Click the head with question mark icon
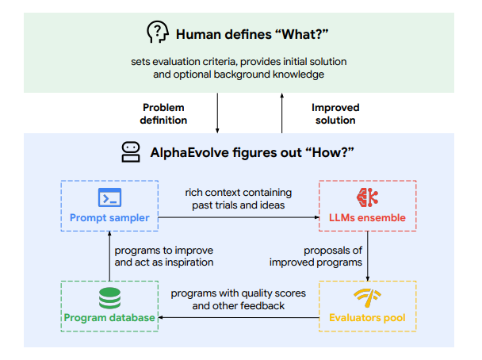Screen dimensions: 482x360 pos(158,32)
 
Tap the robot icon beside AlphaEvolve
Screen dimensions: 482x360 pos(131,152)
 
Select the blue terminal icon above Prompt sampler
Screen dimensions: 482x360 pos(109,197)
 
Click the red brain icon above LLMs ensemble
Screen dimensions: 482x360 pos(367,197)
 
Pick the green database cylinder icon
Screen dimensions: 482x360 pos(109,298)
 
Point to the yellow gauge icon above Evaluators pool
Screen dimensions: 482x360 pos(367,297)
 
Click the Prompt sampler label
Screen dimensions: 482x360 pos(109,217)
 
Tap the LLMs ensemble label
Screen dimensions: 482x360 pos(367,217)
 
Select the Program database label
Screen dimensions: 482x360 pos(109,317)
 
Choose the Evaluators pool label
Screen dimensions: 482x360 pos(367,317)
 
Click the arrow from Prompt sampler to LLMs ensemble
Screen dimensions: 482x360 pos(239,217)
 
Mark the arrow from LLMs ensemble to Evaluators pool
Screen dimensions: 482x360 pos(368,256)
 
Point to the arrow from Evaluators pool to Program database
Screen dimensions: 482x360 pos(239,317)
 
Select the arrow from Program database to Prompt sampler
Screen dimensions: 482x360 pos(109,256)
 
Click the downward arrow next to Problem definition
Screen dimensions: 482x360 pos(217,113)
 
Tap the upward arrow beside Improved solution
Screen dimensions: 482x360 pos(282,113)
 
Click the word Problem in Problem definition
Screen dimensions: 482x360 pos(163,108)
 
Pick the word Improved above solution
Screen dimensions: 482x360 pos(335,108)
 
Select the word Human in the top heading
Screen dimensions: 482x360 pos(196,34)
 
